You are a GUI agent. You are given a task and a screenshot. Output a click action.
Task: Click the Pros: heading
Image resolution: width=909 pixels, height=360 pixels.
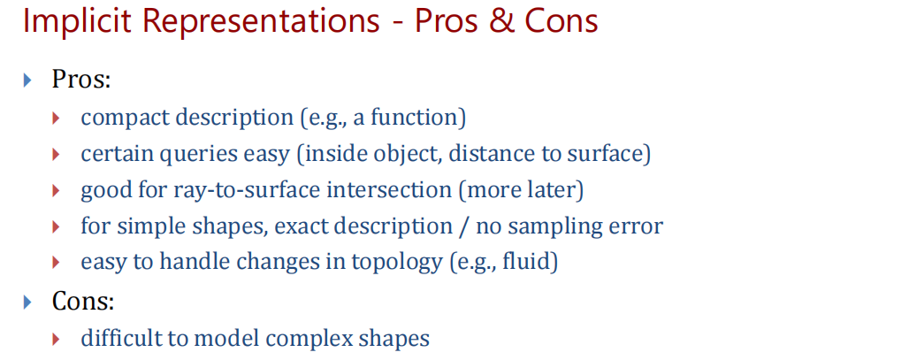click(x=81, y=80)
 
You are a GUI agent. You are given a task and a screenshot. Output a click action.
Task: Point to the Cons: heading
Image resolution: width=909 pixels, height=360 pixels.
click(x=83, y=302)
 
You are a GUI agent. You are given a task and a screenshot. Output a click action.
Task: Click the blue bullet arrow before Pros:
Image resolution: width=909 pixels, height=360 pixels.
click(x=27, y=80)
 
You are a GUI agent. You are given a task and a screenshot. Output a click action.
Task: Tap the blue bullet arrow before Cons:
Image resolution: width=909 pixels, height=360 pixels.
click(x=27, y=302)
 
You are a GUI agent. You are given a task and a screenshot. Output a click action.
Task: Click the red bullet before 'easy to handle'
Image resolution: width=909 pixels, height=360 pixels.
click(x=56, y=263)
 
